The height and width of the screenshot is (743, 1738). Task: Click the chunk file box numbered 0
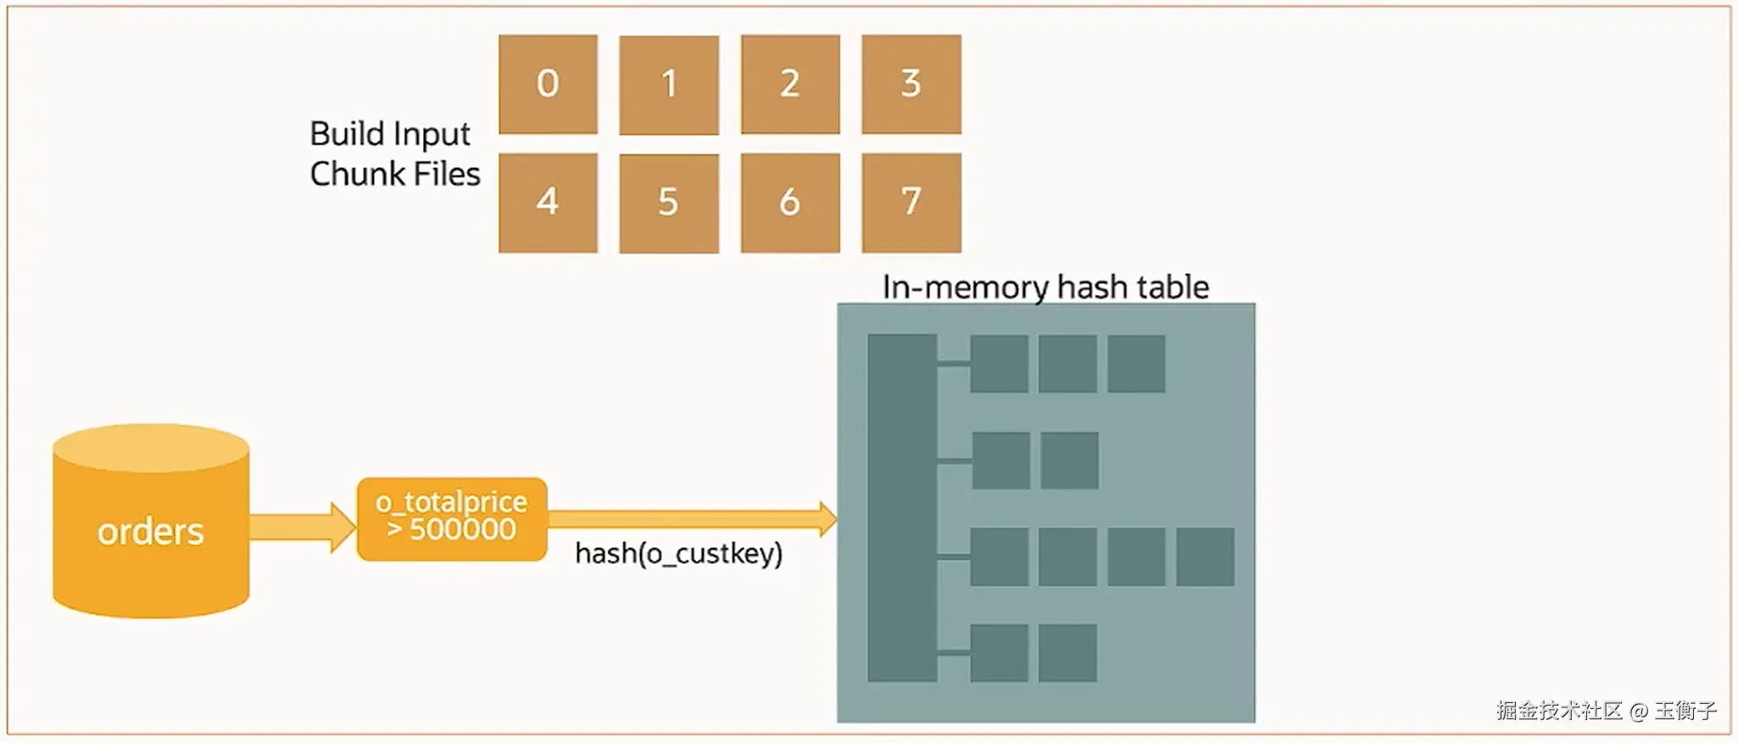coord(548,84)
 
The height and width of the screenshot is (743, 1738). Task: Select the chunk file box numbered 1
coord(669,84)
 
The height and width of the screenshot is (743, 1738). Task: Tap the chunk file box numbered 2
coord(790,84)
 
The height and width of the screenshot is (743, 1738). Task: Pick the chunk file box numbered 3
coord(911,84)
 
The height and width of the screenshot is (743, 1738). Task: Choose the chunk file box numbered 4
coord(548,203)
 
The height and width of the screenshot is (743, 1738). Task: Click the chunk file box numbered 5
coord(669,203)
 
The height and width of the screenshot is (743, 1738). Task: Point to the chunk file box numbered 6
coord(790,203)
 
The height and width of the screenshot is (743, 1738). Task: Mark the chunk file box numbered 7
coord(911,203)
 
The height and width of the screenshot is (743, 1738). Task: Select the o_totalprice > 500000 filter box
coord(452,518)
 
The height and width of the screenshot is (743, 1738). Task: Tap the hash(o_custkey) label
coord(678,554)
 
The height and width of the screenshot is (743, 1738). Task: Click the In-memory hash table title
coord(1045,287)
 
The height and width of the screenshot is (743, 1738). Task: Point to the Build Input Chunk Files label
coord(394,154)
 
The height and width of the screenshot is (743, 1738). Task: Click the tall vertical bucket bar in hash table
coord(902,507)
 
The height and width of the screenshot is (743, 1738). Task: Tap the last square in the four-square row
coord(1205,556)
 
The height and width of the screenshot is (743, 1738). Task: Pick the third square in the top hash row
coord(1136,363)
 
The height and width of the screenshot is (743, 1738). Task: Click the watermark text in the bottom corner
coord(1606,710)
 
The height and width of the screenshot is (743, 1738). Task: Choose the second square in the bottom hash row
coord(1067,652)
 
